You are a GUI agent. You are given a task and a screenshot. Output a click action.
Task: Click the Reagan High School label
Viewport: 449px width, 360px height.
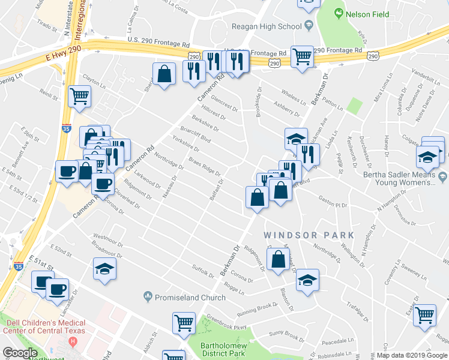click(x=267, y=26)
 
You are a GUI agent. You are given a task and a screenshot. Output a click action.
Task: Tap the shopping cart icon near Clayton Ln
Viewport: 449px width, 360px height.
click(x=79, y=96)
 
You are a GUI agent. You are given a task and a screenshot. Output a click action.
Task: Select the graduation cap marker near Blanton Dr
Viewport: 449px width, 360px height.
click(x=307, y=280)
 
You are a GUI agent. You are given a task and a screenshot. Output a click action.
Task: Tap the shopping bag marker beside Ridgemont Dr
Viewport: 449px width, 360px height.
click(x=277, y=260)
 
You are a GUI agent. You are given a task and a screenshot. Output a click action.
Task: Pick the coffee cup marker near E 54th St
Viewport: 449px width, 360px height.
click(x=67, y=171)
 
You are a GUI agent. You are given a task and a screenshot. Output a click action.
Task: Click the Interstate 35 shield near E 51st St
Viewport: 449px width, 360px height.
click(x=19, y=266)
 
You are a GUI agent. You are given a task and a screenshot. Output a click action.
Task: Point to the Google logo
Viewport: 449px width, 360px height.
click(x=19, y=353)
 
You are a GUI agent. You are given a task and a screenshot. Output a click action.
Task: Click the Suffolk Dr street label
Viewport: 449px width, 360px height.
click(x=203, y=273)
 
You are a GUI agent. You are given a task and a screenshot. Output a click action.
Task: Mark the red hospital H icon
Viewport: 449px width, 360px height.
click(x=73, y=342)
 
